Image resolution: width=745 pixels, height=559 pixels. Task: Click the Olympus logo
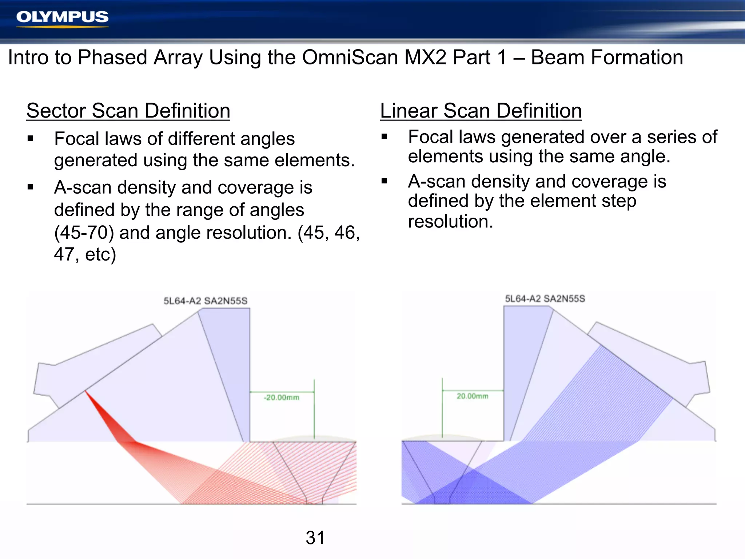coord(62,17)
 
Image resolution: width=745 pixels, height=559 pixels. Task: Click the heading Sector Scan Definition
coord(128,111)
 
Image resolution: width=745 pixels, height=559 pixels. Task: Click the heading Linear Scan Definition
coord(481,111)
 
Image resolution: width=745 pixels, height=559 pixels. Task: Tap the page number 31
coord(315,538)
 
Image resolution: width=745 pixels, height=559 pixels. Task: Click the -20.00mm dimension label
coord(281,397)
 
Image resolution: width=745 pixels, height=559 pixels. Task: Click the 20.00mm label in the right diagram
coord(472,396)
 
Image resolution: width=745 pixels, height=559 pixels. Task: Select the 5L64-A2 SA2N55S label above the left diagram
coord(205,301)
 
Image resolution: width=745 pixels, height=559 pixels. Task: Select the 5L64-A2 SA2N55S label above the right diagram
coord(545,299)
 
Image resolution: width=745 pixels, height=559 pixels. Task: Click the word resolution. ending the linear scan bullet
coord(450,221)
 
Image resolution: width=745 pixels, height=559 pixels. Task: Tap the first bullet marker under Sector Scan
coord(31,139)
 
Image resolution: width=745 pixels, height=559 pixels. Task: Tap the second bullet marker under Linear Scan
coord(385,181)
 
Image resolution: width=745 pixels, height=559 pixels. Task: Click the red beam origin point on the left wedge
coord(85,391)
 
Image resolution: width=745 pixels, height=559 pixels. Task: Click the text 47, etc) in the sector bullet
coord(85,254)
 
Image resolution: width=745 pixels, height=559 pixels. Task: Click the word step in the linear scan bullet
coord(619,201)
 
